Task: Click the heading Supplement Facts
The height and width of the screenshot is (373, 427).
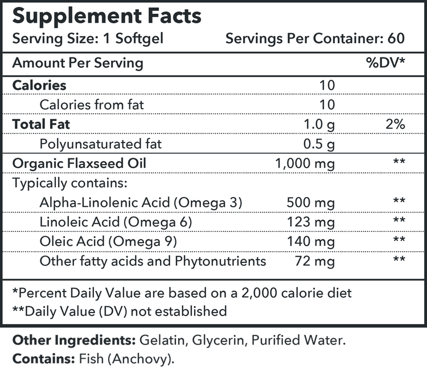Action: (x=107, y=15)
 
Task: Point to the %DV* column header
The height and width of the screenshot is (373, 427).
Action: (x=385, y=63)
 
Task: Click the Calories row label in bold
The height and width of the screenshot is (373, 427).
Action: (x=39, y=85)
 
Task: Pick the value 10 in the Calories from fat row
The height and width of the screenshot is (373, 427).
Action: (x=327, y=104)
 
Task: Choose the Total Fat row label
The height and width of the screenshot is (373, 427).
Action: (x=41, y=124)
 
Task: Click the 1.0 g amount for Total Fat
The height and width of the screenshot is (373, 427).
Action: (x=321, y=124)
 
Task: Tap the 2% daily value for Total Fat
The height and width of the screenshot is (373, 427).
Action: (x=395, y=124)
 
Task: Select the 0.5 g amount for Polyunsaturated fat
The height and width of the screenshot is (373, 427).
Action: (x=321, y=144)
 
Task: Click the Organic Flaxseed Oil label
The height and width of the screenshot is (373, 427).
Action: (x=79, y=163)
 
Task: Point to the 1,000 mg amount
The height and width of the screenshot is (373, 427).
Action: (x=305, y=164)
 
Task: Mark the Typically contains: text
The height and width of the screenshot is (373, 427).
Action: (x=69, y=183)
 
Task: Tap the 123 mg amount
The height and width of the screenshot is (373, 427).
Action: (x=312, y=222)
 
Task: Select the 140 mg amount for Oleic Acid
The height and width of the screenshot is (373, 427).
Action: (x=312, y=241)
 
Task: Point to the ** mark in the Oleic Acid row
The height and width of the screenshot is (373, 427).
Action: (x=399, y=241)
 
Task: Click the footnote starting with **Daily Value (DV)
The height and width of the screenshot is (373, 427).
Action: (x=120, y=311)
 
